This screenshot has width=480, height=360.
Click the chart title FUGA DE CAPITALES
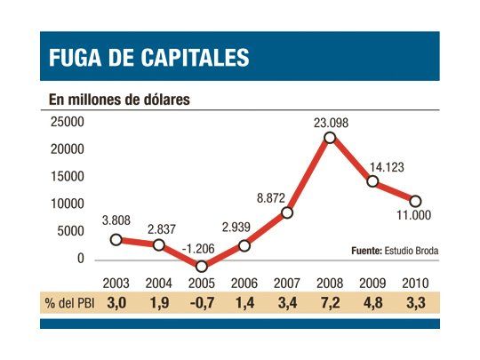(148, 58)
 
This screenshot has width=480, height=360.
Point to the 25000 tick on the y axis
(67, 123)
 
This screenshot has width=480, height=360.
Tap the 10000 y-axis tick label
(67, 204)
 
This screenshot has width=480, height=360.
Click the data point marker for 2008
(330, 138)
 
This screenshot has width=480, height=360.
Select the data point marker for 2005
(202, 266)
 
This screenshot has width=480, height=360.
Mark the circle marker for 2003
(116, 239)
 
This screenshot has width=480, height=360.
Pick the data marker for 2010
(415, 201)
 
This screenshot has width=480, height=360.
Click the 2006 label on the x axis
(244, 284)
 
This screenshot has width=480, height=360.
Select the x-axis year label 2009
(372, 284)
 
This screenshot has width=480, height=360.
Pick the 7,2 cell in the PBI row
(330, 302)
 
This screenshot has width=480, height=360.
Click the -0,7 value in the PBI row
(201, 302)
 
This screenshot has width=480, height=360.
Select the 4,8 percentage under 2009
(372, 302)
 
